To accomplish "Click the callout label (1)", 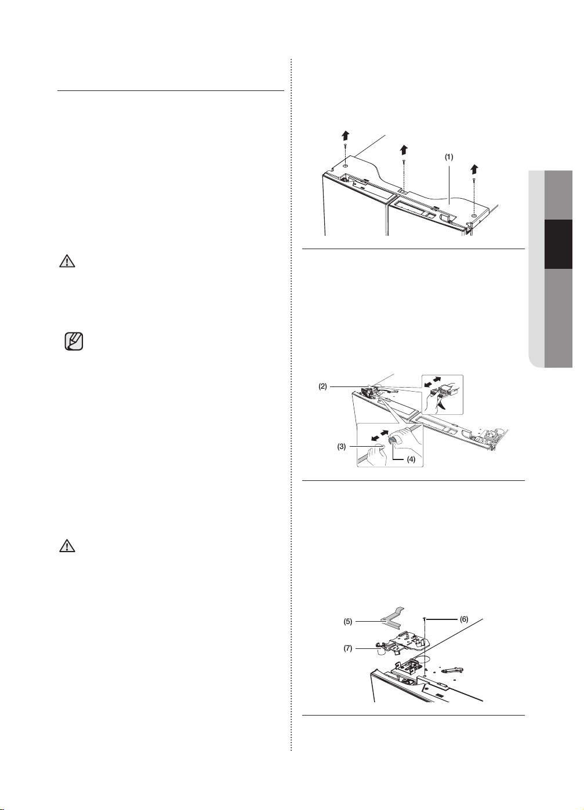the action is pyautogui.click(x=449, y=157).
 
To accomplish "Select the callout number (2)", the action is pyautogui.click(x=323, y=386).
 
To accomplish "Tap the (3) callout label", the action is pyautogui.click(x=342, y=447).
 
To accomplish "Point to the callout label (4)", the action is pyautogui.click(x=411, y=460).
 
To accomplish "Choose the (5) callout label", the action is pyautogui.click(x=348, y=622).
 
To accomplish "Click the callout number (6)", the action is pyautogui.click(x=464, y=619).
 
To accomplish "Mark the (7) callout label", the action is pyautogui.click(x=348, y=648).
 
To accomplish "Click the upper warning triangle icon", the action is pyautogui.click(x=67, y=261).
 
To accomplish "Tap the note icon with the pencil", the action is pyautogui.click(x=74, y=341).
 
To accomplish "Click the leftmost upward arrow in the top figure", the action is pyautogui.click(x=346, y=136).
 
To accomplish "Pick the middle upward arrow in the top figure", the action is pyautogui.click(x=404, y=150).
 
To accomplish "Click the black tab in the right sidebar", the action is pyautogui.click(x=558, y=244).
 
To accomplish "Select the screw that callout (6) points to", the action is pyautogui.click(x=424, y=620).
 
